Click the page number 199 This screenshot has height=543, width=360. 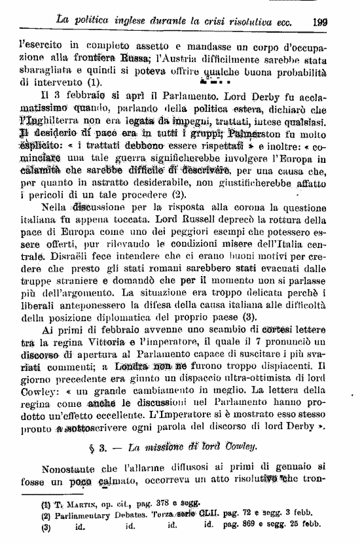point(320,21)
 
